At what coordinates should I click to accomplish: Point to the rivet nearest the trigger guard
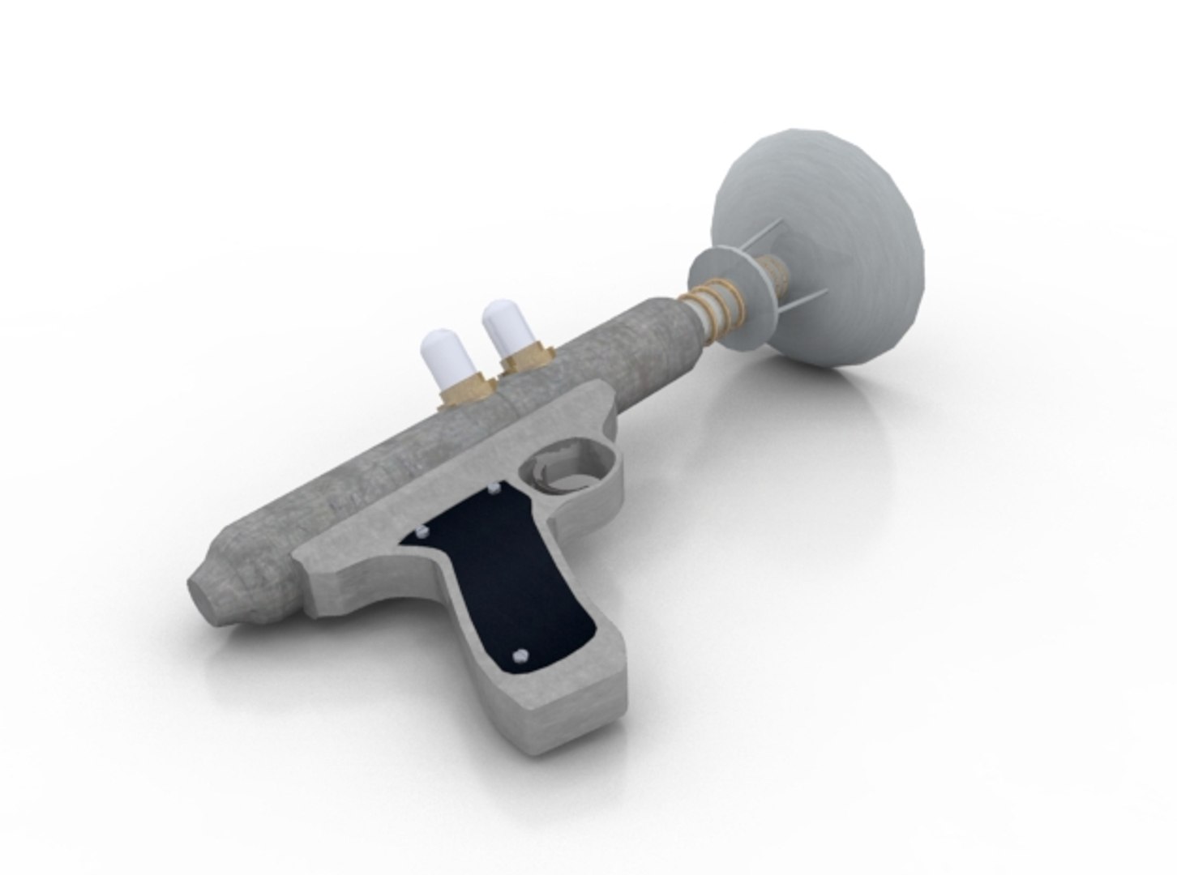tap(494, 489)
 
